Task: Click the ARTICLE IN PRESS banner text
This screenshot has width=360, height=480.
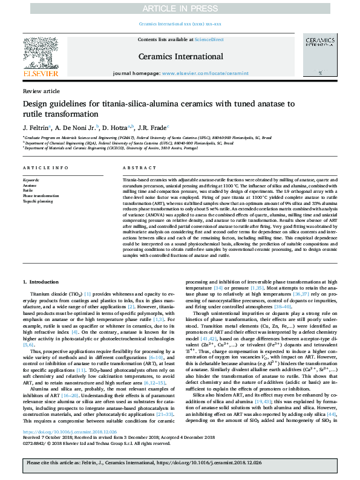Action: point(180,8)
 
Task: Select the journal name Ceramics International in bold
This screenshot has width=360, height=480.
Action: point(180,56)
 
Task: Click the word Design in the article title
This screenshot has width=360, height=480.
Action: point(38,103)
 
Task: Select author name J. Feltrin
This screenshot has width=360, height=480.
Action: point(36,129)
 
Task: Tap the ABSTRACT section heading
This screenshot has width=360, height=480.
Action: point(136,167)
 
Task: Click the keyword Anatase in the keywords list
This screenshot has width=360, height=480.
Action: point(30,185)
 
